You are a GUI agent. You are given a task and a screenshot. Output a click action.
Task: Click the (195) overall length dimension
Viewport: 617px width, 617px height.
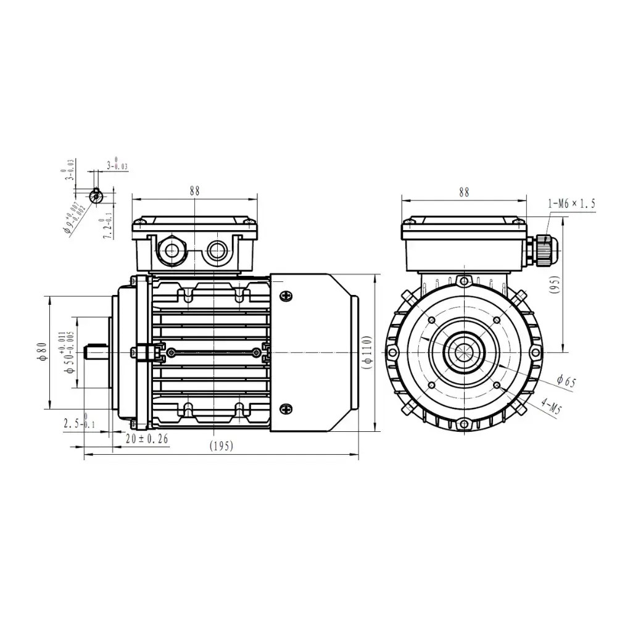coord(221,447)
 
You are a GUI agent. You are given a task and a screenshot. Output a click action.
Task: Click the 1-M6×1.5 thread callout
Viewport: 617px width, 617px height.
coord(571,203)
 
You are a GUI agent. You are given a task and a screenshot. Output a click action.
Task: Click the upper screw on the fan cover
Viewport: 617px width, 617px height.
coord(286,297)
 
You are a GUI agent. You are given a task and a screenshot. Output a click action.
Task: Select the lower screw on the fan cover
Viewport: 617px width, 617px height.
coord(286,408)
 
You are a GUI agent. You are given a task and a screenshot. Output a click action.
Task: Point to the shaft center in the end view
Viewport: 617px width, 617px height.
coord(463,352)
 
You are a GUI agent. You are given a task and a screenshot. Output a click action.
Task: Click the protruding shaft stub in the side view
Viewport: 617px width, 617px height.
coord(96,352)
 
